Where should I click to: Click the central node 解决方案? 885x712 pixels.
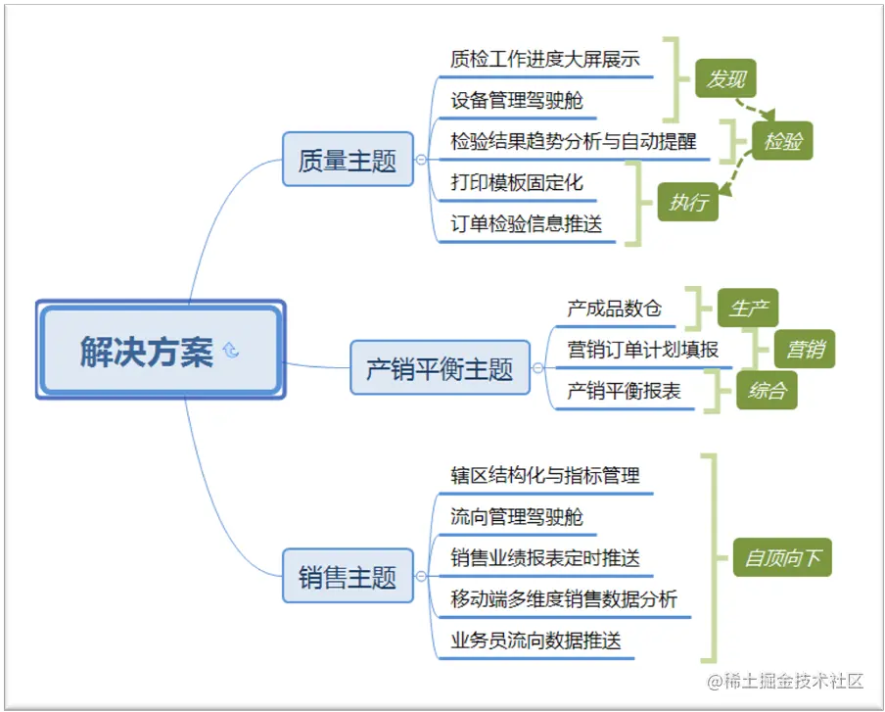(x=147, y=352)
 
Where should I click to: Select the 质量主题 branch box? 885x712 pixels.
(x=348, y=160)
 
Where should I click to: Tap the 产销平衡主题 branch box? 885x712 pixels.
(x=440, y=368)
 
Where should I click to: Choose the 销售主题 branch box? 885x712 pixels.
(x=348, y=576)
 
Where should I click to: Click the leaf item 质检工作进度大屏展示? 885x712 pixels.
(x=545, y=59)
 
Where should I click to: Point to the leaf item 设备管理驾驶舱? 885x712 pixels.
(x=517, y=100)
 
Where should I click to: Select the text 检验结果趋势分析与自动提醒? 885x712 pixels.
(x=574, y=141)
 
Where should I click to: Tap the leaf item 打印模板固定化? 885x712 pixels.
(x=517, y=182)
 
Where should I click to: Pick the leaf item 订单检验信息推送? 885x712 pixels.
(x=527, y=223)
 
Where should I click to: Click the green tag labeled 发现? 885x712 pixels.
(x=725, y=79)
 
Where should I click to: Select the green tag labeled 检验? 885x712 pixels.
(x=783, y=141)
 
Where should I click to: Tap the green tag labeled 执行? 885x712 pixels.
(x=687, y=203)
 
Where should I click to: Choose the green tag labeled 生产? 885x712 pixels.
(x=748, y=309)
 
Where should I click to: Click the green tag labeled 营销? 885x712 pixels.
(x=805, y=349)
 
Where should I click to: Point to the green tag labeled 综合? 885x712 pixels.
(x=767, y=391)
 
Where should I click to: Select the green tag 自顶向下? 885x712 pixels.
(x=782, y=558)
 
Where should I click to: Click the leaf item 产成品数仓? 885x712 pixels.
(x=614, y=309)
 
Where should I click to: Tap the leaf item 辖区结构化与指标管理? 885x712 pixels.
(x=545, y=476)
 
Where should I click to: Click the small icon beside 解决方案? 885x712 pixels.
(x=231, y=351)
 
